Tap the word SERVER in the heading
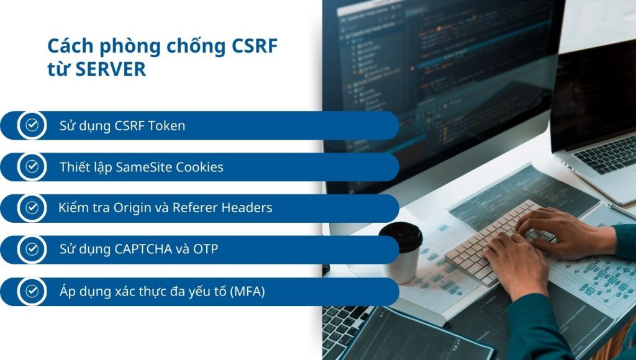tap(111, 70)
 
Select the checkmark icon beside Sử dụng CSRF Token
tap(32, 125)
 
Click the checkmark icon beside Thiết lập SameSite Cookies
tap(32, 167)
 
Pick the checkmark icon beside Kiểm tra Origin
tap(32, 208)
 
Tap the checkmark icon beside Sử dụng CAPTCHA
tap(32, 250)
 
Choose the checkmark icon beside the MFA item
tap(32, 291)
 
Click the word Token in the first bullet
tap(167, 126)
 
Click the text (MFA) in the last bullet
tap(247, 291)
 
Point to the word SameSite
tap(144, 167)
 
